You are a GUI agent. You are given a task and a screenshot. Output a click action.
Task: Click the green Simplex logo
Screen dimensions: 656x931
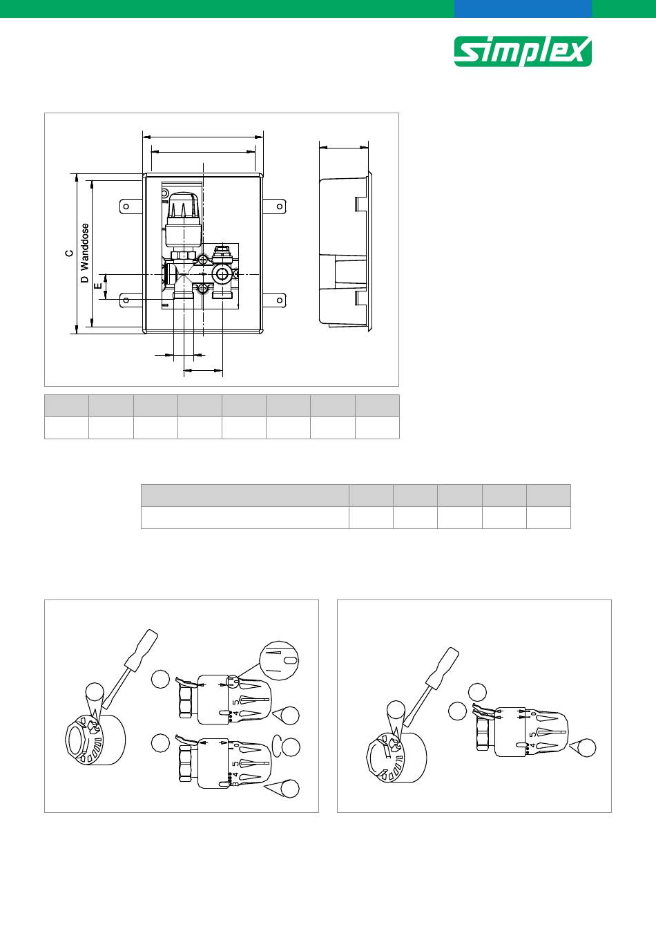(523, 51)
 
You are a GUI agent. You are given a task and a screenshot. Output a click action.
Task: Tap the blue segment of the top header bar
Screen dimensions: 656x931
(523, 9)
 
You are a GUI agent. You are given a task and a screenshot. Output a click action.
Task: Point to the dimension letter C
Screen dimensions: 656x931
(69, 253)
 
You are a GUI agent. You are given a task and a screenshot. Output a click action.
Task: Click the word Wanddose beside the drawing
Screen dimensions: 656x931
(85, 246)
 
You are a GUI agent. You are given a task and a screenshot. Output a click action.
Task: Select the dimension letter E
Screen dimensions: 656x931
(98, 286)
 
